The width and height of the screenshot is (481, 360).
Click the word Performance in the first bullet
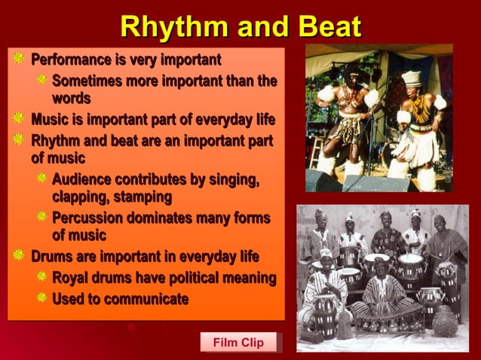coord(74,59)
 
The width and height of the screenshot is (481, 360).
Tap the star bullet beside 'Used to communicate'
coord(42,298)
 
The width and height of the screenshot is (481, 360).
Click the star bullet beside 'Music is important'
coord(18,119)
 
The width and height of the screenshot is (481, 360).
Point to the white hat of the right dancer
coord(412,77)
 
